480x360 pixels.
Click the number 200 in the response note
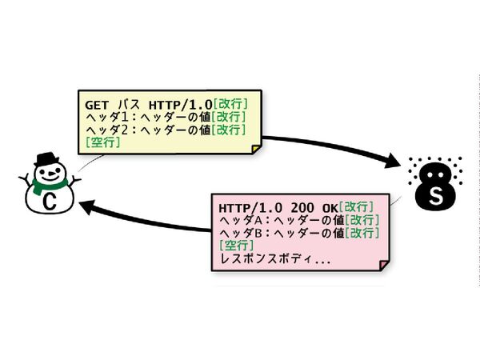tap(291, 207)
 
